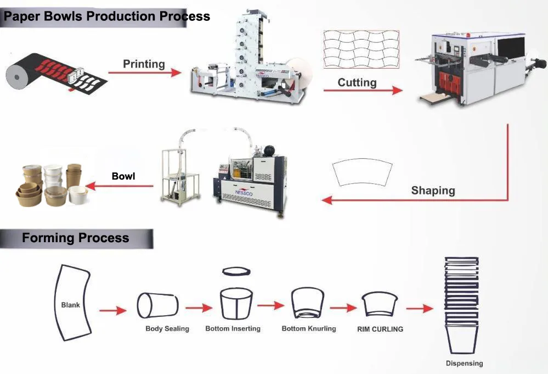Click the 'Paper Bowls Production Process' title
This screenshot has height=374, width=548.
107,16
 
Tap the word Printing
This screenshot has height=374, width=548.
144,64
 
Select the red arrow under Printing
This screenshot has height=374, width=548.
144,72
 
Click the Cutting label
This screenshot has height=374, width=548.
357,82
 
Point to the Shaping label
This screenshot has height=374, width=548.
433,191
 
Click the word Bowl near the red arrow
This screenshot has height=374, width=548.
123,176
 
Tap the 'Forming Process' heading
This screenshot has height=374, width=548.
76,238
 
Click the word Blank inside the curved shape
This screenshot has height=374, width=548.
70,305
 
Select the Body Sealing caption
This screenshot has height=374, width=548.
167,328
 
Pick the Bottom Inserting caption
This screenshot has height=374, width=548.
233,328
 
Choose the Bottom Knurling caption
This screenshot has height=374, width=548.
309,328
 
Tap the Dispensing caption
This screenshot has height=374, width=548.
464,363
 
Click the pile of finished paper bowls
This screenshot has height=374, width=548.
50,184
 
